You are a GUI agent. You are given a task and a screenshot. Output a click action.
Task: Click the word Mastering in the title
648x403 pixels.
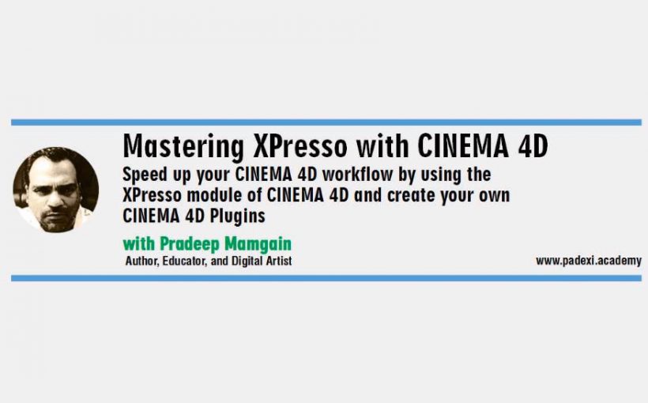(183, 147)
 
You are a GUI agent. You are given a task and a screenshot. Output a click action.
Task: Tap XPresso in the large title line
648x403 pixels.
(300, 146)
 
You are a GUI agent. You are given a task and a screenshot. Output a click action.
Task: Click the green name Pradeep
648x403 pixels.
(190, 244)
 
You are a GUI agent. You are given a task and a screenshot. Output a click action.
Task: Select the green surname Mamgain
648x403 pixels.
(258, 244)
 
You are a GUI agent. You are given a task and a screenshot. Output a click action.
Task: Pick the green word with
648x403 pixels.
(139, 244)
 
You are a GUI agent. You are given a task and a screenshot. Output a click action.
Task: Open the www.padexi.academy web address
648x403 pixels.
(589, 261)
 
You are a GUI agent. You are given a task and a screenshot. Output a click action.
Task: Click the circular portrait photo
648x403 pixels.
(56, 190)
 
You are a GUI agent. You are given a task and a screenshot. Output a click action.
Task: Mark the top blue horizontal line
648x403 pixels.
(326, 122)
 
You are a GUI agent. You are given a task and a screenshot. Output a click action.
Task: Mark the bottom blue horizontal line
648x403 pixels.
(326, 278)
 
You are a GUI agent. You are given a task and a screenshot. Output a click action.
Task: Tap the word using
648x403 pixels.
(441, 175)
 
